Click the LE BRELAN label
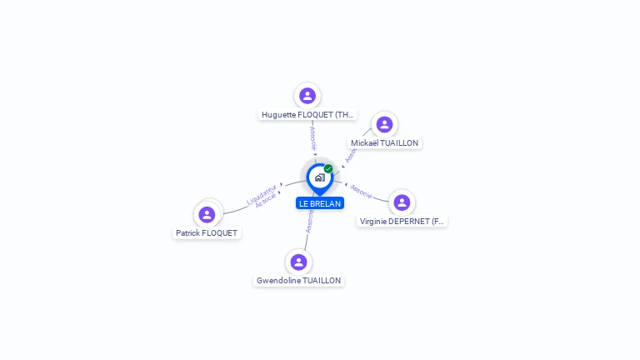point(320,203)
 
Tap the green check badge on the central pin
point(328,169)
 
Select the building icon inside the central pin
point(319,177)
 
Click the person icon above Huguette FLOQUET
point(307,96)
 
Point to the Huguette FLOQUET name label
point(307,114)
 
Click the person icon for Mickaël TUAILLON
point(384,124)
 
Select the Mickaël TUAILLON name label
point(384,142)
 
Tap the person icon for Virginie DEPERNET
point(402,202)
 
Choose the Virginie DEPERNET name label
point(402,221)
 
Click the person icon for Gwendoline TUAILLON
point(298,262)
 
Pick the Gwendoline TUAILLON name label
point(298,281)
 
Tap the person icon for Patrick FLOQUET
point(207,214)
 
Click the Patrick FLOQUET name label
point(207,233)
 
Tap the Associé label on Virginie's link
point(361,191)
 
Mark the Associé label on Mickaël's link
point(350,153)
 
